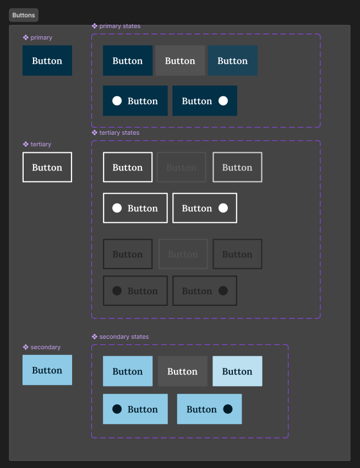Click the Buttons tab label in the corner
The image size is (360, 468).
tap(24, 15)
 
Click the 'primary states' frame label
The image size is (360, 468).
tap(119, 26)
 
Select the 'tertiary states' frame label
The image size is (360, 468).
tap(118, 133)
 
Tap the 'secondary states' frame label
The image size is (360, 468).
tap(123, 337)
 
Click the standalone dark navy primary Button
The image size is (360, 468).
tap(47, 60)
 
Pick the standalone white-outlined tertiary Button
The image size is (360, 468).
tap(47, 167)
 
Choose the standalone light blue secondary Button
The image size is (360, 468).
tap(47, 370)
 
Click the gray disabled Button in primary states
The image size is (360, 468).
tap(180, 60)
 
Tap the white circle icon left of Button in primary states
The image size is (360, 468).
tap(117, 101)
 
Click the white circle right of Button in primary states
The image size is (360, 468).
tap(223, 101)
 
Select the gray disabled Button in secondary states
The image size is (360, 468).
tap(182, 371)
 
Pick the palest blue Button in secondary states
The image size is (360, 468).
tap(237, 371)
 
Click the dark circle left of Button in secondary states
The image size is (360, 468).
tap(117, 409)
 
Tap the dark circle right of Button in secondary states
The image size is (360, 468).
tap(228, 409)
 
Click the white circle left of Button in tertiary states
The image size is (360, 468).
tap(117, 208)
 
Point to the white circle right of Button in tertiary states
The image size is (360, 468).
tap(223, 208)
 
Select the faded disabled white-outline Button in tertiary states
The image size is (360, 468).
tap(181, 167)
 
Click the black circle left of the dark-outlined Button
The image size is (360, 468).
tap(117, 291)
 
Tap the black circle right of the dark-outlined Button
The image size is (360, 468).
tap(223, 291)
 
